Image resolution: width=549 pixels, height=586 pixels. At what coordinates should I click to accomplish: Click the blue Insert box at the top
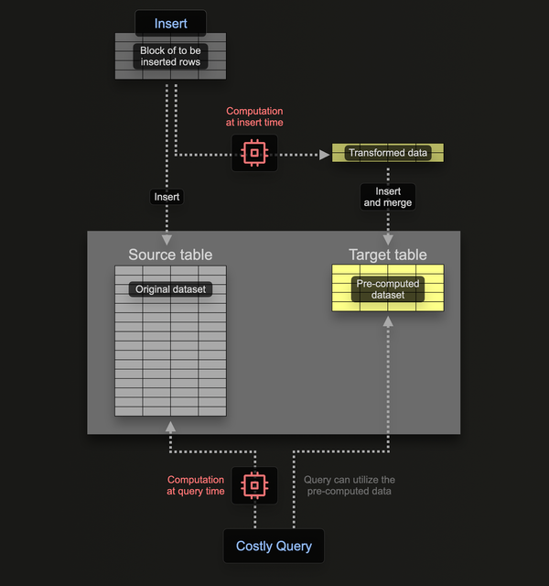point(170,23)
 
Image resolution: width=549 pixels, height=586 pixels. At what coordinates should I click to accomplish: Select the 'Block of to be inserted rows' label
point(170,57)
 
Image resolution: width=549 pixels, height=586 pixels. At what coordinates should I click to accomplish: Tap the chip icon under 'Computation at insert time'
point(254,153)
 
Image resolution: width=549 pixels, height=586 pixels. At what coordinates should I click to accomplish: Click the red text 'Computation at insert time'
point(254,117)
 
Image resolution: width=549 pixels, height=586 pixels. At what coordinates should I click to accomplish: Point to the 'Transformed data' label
point(388,153)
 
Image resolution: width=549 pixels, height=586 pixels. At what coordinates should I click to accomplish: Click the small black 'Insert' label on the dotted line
point(167,197)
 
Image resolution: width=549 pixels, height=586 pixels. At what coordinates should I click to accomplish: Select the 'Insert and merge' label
point(388,197)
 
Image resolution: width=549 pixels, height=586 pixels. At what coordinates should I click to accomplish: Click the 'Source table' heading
point(170,255)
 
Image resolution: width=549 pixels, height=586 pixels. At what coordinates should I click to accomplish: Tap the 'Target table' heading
point(388,255)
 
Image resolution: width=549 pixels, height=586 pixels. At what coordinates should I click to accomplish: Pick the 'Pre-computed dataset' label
point(388,289)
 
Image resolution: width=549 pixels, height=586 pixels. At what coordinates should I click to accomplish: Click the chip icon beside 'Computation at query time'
point(254,484)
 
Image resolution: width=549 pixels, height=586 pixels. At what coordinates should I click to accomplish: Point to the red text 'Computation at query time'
point(196,485)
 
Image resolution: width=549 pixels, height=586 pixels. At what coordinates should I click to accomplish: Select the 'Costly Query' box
point(274,547)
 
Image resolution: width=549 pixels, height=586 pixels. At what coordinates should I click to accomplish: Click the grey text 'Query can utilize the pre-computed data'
point(350,485)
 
